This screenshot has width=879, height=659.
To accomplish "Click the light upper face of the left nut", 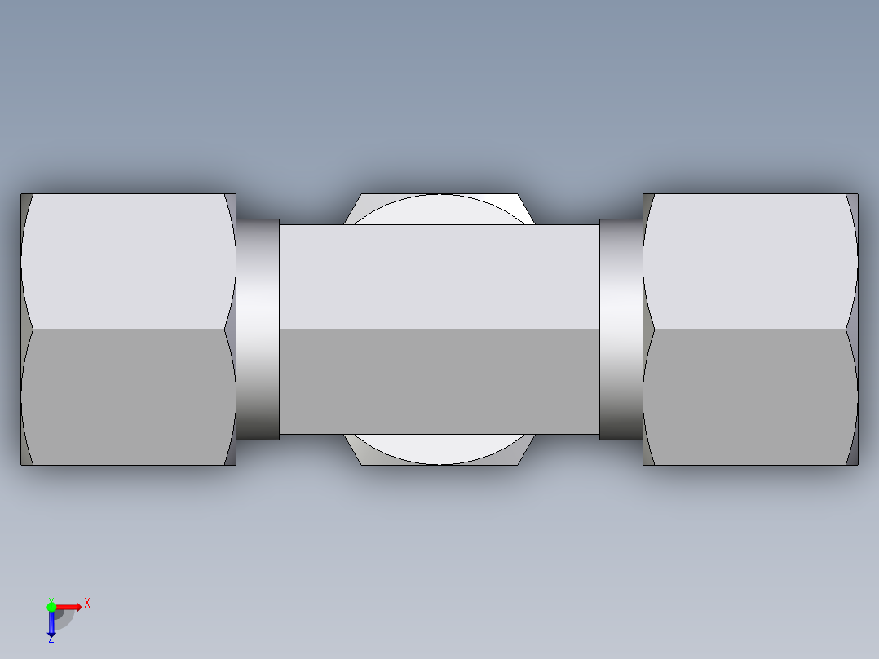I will pos(126,261).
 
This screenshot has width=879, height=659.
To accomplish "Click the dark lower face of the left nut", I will pos(126,397).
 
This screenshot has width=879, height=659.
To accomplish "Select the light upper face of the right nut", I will pos(750,261).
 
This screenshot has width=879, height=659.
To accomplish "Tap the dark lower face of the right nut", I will pos(750,397).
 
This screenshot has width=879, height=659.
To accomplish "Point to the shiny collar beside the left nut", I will pos(258,329).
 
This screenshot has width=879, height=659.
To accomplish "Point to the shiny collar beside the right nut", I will pos(621,329).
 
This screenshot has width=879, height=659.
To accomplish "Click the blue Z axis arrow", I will pos(51,625).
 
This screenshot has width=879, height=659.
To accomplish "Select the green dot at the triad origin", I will pos(51,606).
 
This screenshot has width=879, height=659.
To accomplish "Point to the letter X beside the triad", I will pos(86,603).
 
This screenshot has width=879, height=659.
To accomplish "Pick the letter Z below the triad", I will pos(51,639).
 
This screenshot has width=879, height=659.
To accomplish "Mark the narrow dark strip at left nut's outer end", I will pos(25,329).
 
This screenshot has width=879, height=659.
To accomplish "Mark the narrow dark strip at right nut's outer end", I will pos(853,329).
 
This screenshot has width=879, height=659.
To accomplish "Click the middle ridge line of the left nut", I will pos(126,329).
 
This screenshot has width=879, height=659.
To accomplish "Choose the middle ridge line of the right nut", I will pos(750,329).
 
